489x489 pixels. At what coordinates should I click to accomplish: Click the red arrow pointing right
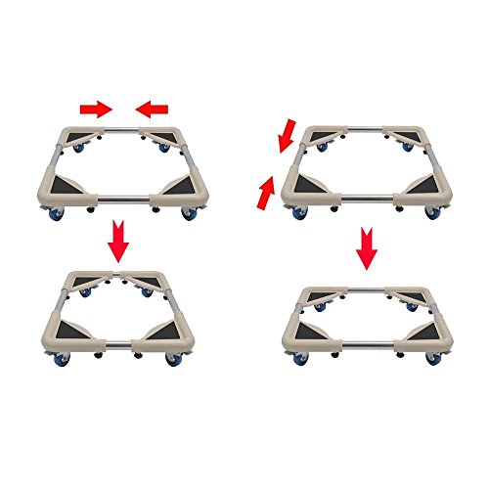(x=94, y=109)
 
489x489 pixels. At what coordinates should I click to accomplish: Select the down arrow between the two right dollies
(x=366, y=248)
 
